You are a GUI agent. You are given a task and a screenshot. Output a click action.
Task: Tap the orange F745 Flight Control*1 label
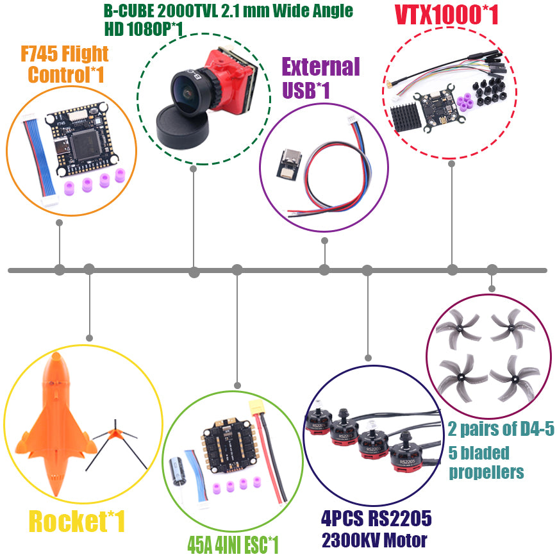coord(67,64)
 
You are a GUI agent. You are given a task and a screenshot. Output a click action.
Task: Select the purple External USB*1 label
coord(320,78)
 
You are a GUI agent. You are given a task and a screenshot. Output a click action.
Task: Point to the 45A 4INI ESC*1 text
coord(233,545)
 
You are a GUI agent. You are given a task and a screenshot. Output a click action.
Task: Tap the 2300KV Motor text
coord(374,540)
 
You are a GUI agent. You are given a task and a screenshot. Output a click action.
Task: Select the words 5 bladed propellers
coord(486,462)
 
